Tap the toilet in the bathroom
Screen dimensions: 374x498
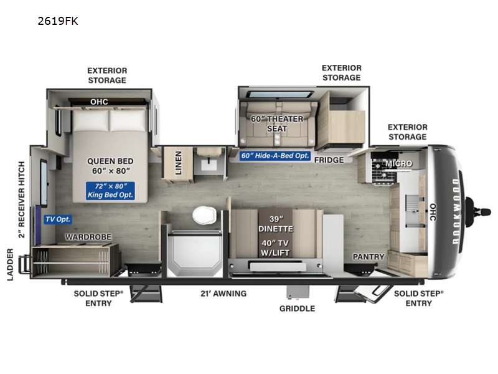[x=204, y=216]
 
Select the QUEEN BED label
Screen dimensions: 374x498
[x=110, y=166]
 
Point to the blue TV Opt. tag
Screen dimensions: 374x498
[x=58, y=219]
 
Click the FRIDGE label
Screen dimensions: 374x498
[x=329, y=160]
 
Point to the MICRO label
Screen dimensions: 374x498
[x=398, y=163]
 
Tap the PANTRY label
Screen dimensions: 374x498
[x=368, y=256]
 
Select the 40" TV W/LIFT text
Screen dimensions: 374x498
[x=276, y=247]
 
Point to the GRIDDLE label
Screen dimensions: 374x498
[x=297, y=308]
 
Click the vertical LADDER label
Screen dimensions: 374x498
[x=11, y=264]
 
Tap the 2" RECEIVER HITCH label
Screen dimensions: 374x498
[x=21, y=199]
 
